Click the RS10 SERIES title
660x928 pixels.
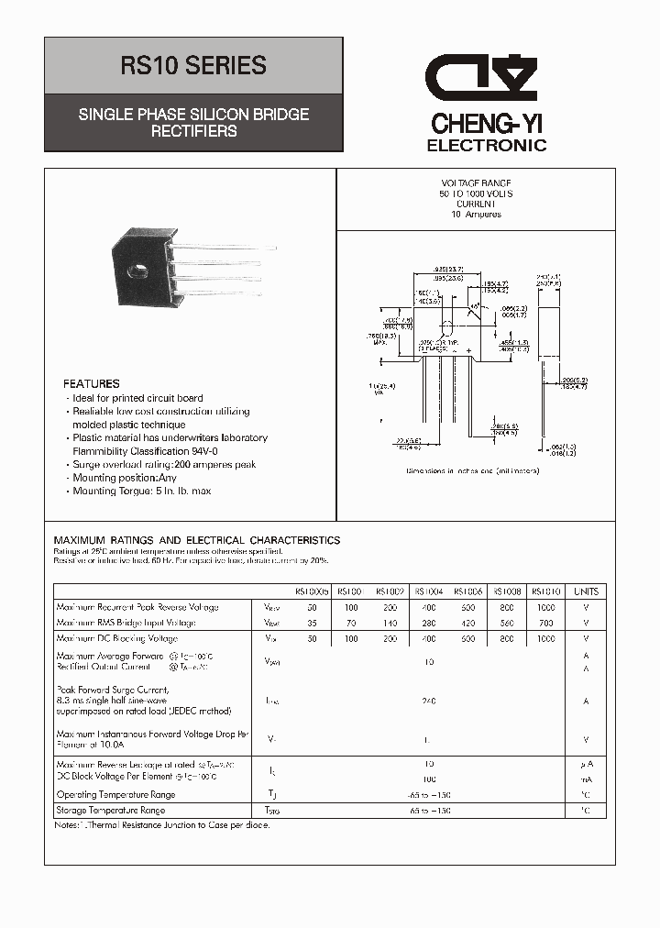pos(193,66)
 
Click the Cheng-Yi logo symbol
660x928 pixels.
pos(486,80)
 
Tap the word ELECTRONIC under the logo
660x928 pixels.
pos(487,145)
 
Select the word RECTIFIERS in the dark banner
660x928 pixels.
pos(193,131)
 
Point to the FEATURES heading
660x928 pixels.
pos(91,383)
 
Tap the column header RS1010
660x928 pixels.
pos(546,591)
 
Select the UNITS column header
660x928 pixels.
pos(586,591)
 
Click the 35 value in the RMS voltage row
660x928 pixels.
pos(312,623)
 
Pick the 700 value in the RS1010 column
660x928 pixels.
pos(546,623)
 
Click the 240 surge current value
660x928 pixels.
pos(429,701)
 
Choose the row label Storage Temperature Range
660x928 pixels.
pos(110,811)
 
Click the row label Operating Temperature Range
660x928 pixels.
pos(115,795)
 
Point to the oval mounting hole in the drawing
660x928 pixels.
pos(447,329)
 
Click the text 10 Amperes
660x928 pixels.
pos(476,215)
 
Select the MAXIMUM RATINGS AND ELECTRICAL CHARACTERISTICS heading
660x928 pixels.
pos(197,540)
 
